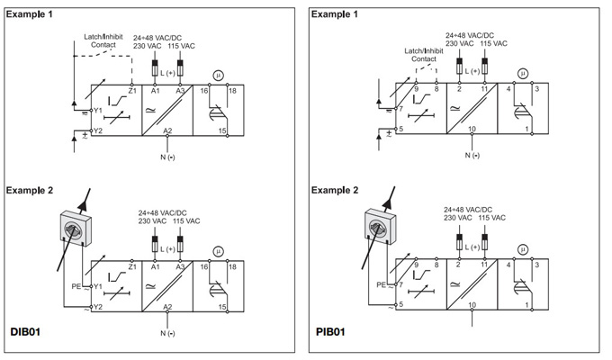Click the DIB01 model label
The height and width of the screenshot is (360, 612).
click(26, 331)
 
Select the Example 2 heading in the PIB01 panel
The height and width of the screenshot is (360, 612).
click(335, 191)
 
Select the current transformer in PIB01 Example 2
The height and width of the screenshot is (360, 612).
click(382, 233)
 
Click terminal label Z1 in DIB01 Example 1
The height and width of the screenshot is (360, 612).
click(132, 91)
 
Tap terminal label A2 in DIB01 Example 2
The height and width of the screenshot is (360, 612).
click(167, 307)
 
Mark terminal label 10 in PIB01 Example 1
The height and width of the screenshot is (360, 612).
click(472, 130)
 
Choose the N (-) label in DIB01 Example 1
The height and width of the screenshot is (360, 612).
click(167, 158)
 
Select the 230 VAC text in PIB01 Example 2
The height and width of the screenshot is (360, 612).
click(460, 218)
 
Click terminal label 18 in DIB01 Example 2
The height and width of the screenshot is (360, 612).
click(231, 267)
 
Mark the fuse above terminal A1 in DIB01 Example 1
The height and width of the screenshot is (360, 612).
click(157, 68)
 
